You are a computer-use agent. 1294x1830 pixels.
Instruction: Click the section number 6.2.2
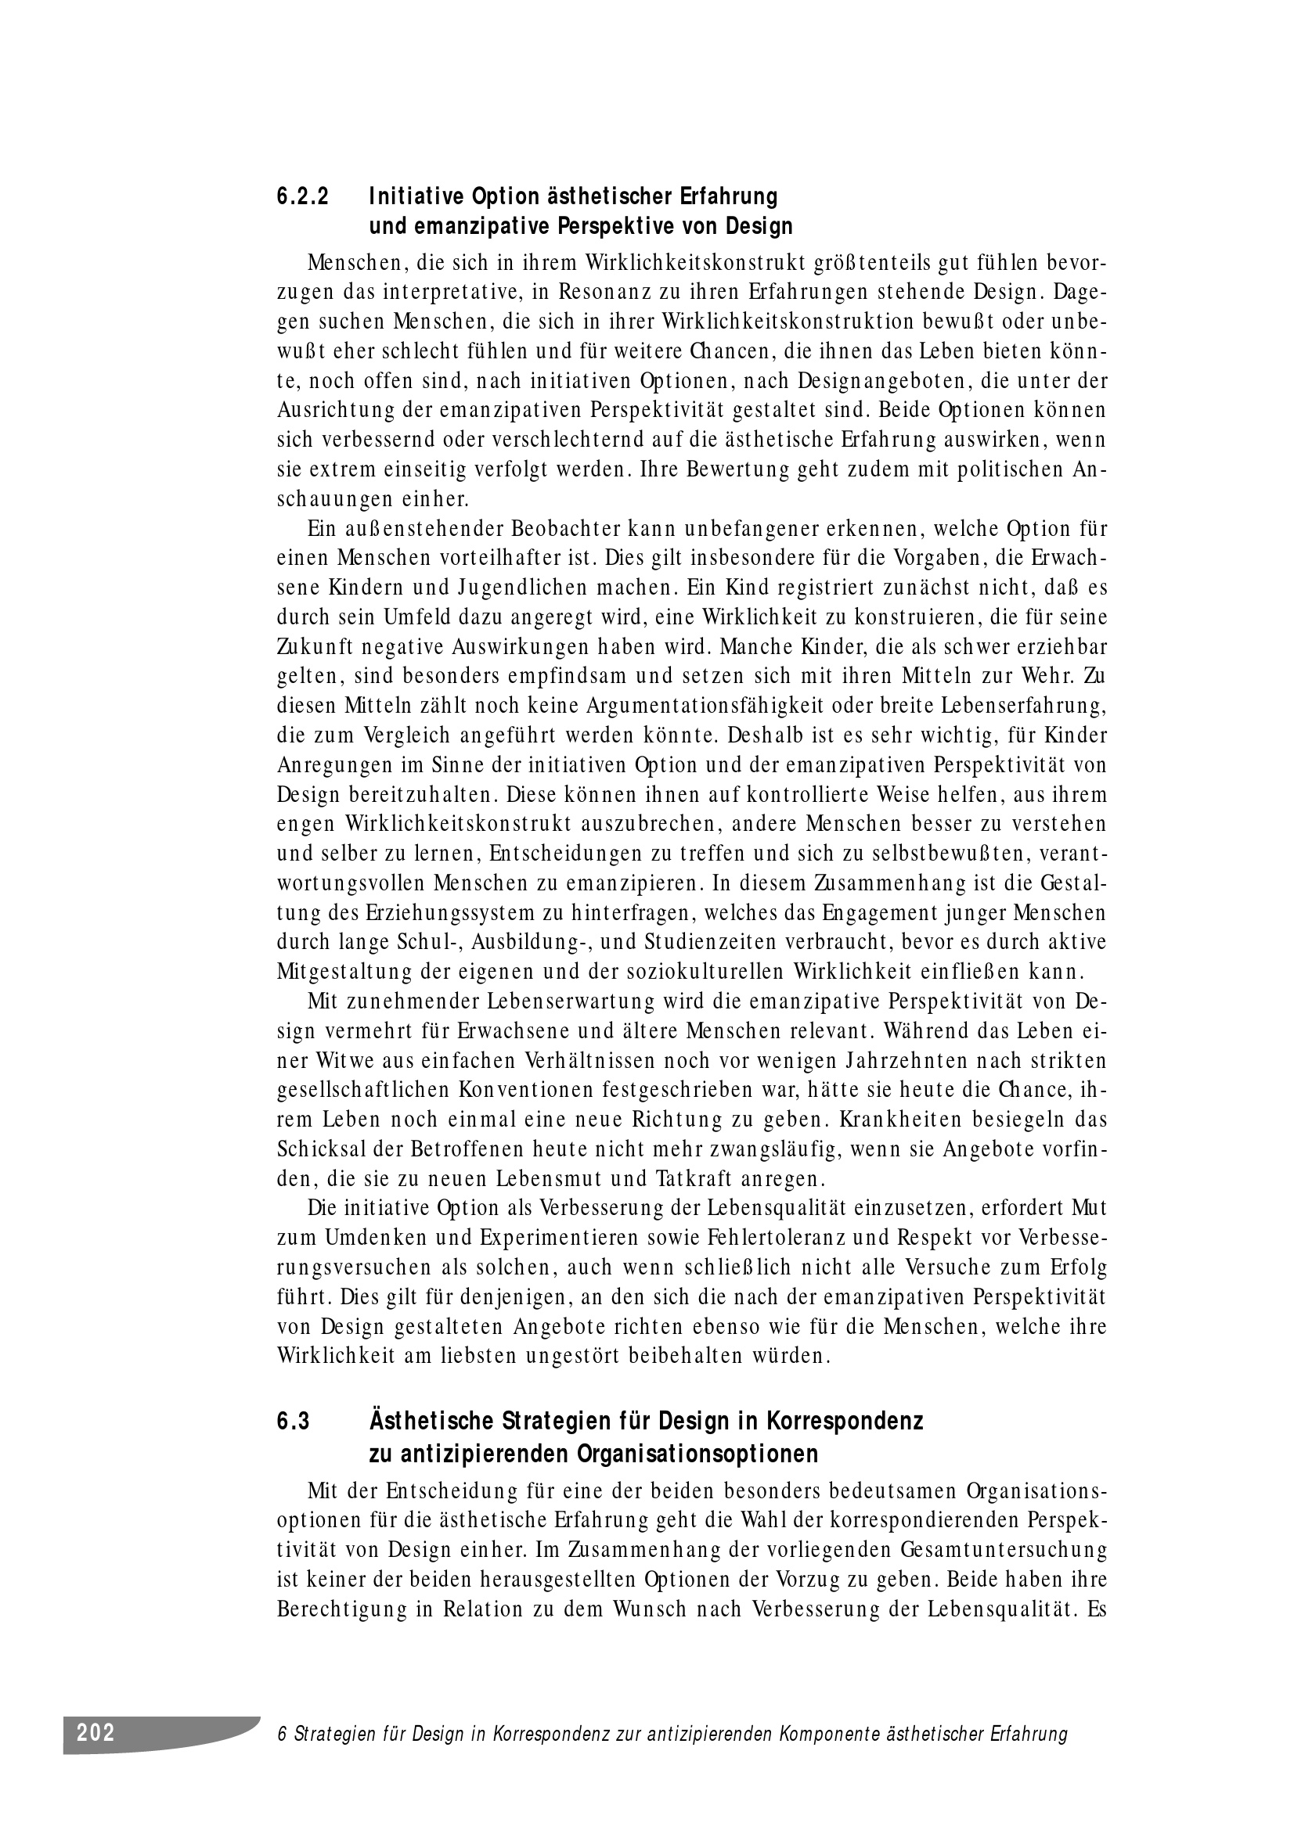click(x=302, y=196)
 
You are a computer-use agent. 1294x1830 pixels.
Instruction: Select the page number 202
click(x=96, y=1732)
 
